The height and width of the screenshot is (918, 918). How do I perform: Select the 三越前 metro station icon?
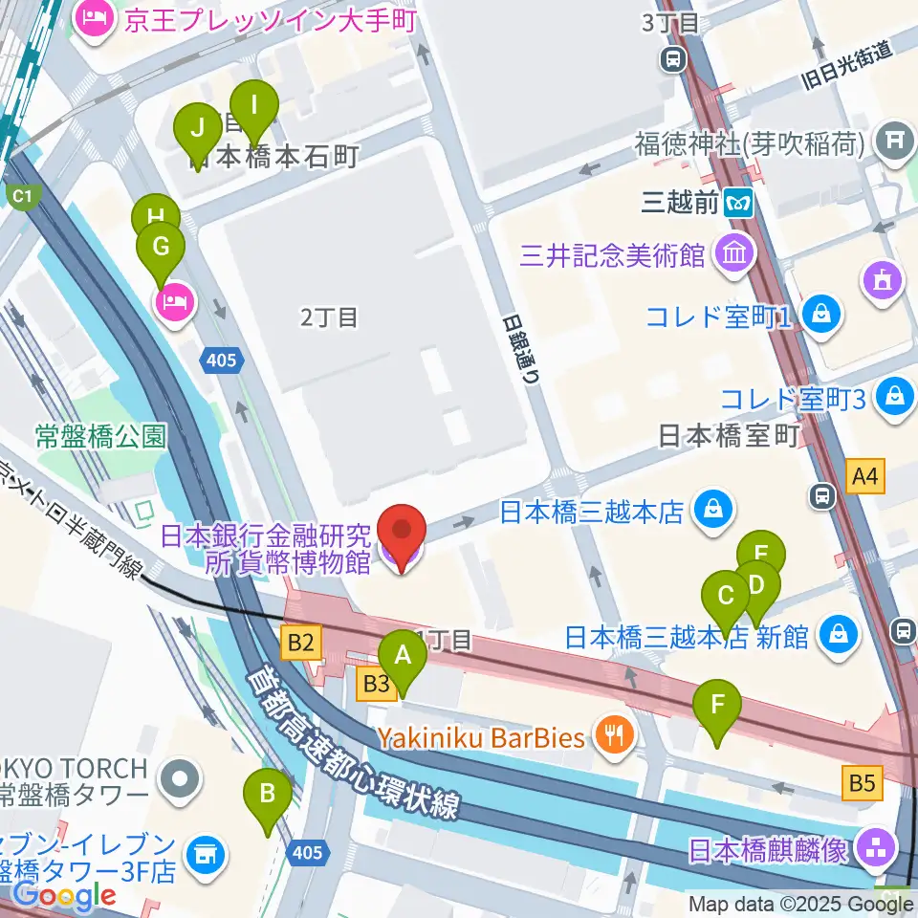[738, 202]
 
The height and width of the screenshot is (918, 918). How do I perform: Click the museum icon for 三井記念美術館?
[733, 254]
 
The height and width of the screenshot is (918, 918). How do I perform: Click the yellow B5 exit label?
[862, 784]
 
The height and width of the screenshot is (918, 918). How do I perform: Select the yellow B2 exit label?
[301, 641]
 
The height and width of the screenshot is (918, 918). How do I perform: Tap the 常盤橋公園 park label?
[100, 437]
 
